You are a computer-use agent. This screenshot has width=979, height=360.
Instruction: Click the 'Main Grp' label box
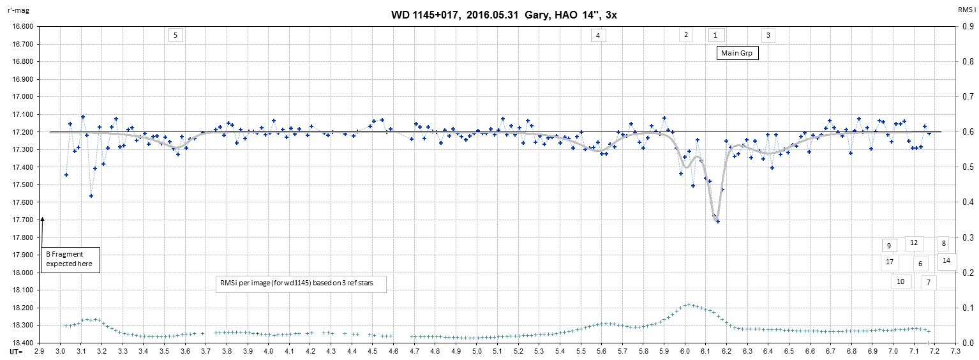[736, 54]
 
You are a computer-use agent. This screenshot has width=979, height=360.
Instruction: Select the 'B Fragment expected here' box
[70, 259]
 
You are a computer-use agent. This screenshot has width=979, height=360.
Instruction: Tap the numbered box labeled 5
[176, 35]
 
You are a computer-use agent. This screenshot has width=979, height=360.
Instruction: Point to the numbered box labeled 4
[598, 36]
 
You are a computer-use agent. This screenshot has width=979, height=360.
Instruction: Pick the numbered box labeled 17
[889, 261]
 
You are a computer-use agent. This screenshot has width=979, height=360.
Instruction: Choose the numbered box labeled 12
[914, 243]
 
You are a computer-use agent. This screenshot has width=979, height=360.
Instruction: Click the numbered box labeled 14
[946, 260]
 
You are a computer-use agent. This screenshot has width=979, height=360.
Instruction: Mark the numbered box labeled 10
[901, 281]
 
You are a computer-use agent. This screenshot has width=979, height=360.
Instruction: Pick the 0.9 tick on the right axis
[968, 27]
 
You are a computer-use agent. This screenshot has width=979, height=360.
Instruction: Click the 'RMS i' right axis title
[966, 10]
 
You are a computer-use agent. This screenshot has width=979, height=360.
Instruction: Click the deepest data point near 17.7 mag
[718, 221]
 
